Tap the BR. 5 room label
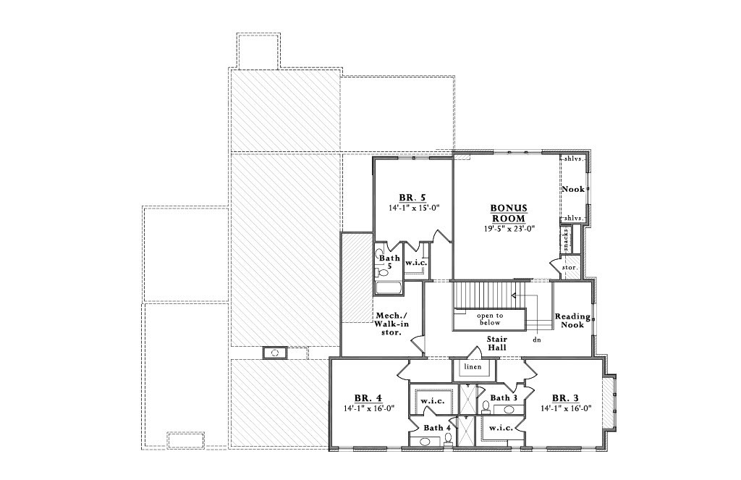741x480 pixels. pyautogui.click(x=412, y=197)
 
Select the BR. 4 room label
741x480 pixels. pyautogui.click(x=368, y=397)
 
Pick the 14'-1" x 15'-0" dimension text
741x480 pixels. pyautogui.click(x=413, y=207)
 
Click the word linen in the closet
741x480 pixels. pyautogui.click(x=473, y=367)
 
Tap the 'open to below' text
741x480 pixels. pyautogui.click(x=489, y=319)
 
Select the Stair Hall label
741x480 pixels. pyautogui.click(x=496, y=343)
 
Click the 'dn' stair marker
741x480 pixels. pyautogui.click(x=536, y=339)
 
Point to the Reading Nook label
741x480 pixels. pyautogui.click(x=572, y=321)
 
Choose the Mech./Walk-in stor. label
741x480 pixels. pyautogui.click(x=391, y=324)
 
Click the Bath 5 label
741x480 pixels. pyautogui.click(x=389, y=261)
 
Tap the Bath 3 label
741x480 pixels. pyautogui.click(x=504, y=397)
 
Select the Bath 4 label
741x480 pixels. pyautogui.click(x=438, y=428)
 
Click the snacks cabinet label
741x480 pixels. pyautogui.click(x=566, y=238)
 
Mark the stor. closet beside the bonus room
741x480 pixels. pyautogui.click(x=569, y=267)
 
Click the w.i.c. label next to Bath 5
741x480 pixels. pyautogui.click(x=416, y=262)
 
